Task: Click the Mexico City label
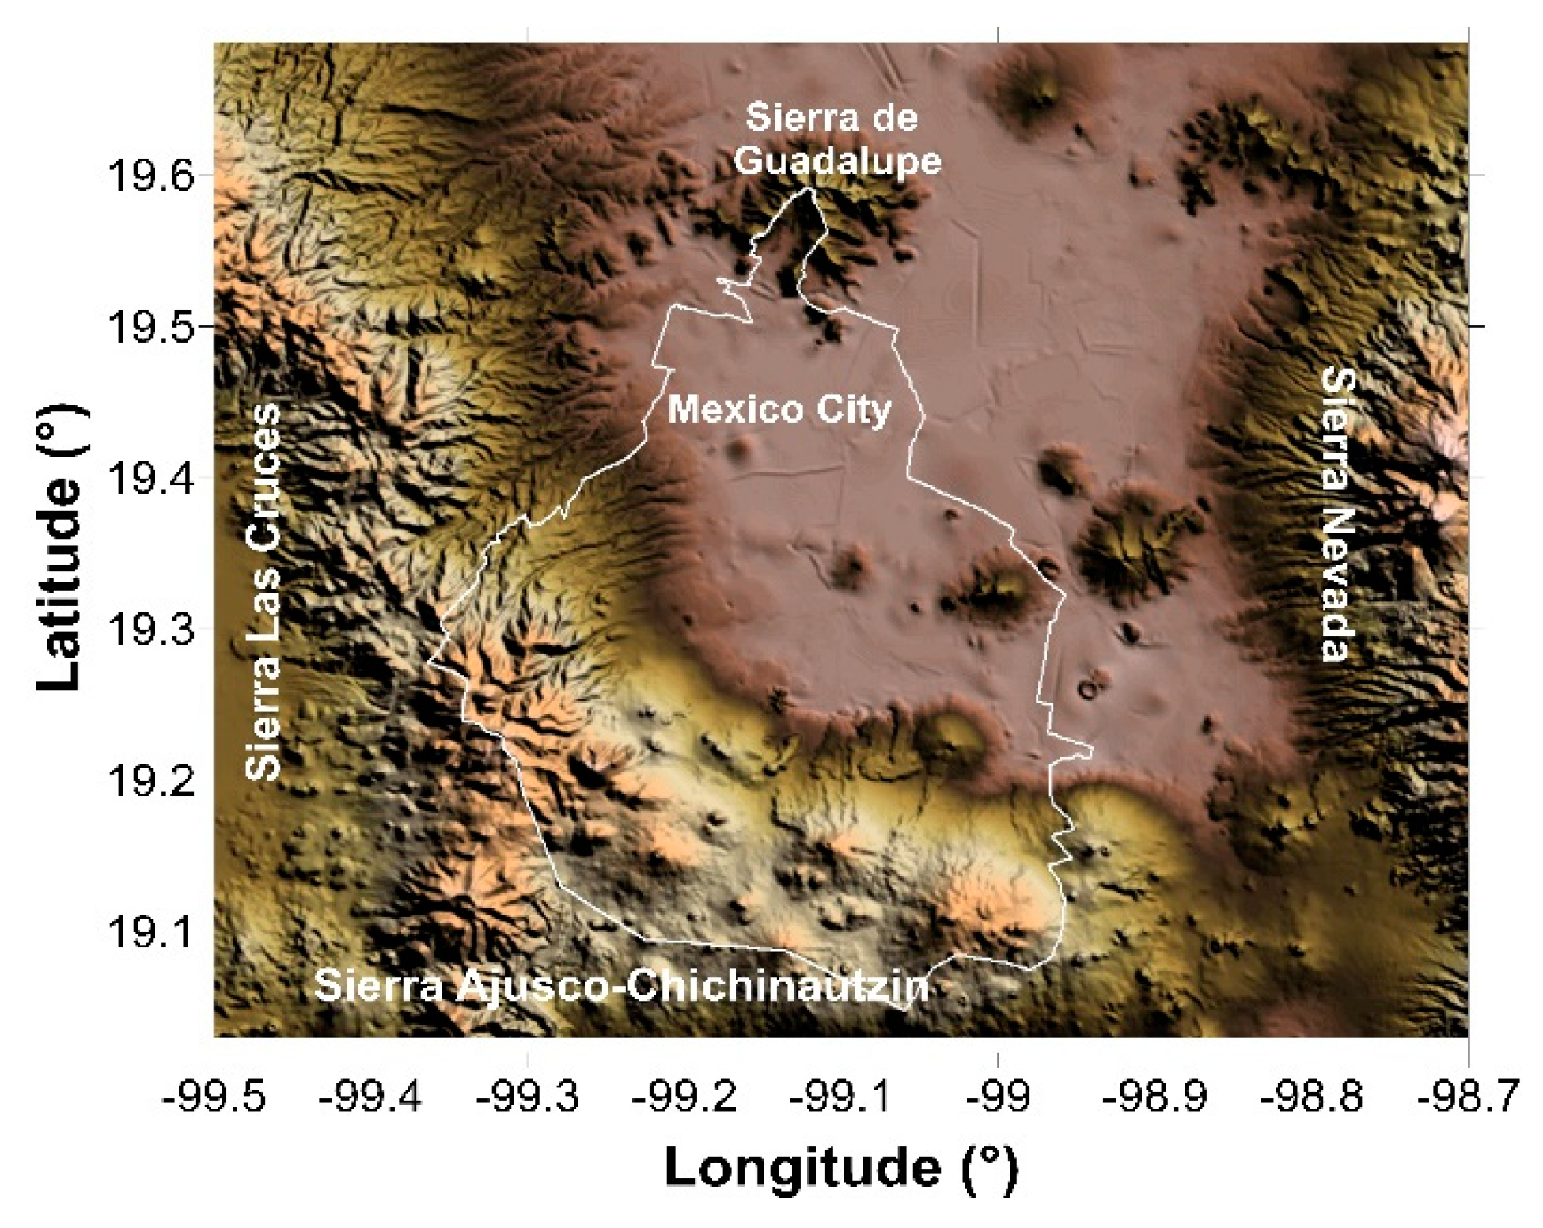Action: pos(779,410)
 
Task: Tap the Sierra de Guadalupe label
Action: pos(836,140)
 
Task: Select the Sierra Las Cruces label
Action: pos(263,592)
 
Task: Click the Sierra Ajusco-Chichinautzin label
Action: pos(621,987)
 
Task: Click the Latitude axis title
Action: pos(62,548)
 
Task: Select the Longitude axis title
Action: pos(840,1168)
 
